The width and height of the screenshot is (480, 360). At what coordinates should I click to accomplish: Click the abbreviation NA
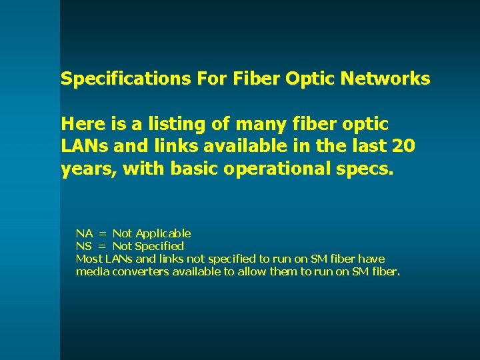[x=84, y=233]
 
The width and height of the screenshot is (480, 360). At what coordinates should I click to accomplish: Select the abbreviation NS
[x=84, y=246]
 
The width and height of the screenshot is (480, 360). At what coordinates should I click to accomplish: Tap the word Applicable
[x=163, y=233]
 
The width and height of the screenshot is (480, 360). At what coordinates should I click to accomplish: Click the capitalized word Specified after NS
[x=159, y=246]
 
